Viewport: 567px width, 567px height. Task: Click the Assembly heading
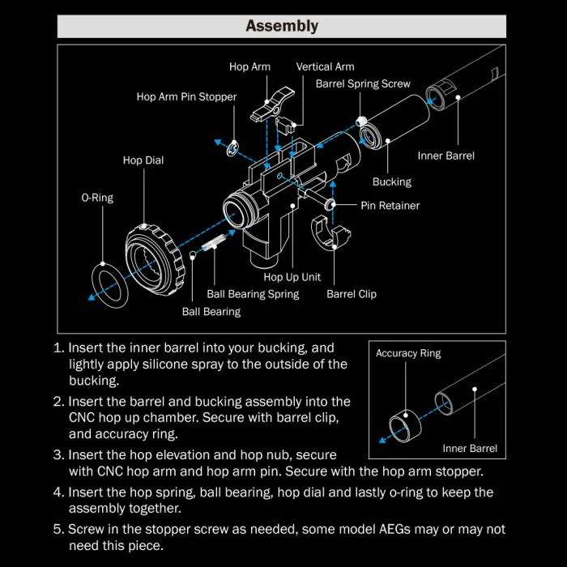[282, 26]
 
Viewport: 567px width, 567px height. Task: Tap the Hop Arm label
[249, 67]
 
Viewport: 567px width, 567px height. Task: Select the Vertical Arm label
[325, 67]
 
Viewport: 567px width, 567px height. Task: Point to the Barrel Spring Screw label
[363, 83]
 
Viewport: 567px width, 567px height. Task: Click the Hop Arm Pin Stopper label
[186, 97]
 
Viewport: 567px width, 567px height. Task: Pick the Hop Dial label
[143, 160]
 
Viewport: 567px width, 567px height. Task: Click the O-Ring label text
[97, 198]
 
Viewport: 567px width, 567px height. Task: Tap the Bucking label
[392, 182]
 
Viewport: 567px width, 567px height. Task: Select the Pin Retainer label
[390, 206]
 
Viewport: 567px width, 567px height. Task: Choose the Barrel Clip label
[352, 294]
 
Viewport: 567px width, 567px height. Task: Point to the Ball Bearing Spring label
[253, 294]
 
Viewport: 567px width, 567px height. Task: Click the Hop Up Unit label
[292, 277]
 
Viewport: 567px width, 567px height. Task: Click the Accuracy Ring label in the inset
[408, 354]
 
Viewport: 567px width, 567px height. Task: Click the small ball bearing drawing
[193, 256]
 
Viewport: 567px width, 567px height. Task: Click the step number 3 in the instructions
[58, 455]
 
